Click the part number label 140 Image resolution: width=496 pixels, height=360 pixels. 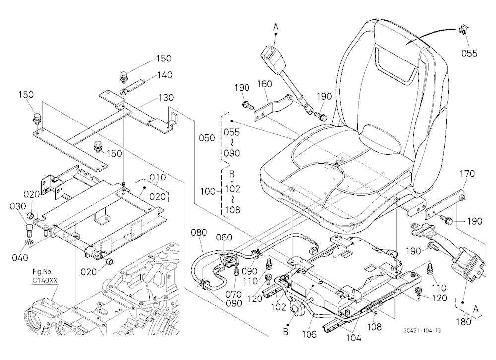165,75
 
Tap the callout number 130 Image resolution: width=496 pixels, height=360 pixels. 166,97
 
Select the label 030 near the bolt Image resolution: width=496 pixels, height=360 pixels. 18,206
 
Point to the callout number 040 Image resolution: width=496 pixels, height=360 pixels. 20,257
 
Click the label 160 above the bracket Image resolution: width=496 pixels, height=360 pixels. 264,84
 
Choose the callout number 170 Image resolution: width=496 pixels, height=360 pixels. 467,174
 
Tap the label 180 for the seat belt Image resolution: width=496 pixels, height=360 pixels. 463,322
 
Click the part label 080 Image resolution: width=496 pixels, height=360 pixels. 199,233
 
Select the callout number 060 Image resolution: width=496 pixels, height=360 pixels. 224,237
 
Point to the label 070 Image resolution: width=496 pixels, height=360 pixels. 234,294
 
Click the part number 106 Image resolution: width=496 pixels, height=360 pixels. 309,334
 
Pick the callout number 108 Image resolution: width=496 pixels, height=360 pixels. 374,327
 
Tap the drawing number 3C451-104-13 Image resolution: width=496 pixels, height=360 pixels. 422,331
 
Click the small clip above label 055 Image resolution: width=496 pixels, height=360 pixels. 463,31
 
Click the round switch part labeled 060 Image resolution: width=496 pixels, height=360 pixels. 227,261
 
